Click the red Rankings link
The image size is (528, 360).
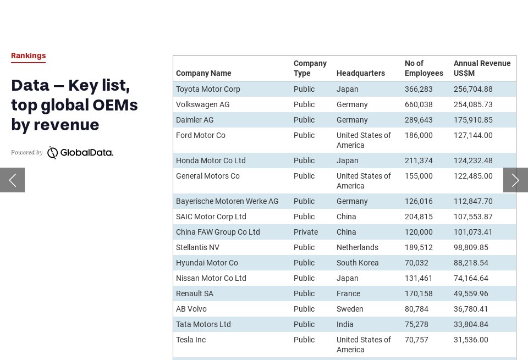(x=28, y=56)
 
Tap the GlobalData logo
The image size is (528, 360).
(x=80, y=152)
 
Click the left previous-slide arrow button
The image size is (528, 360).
(x=12, y=180)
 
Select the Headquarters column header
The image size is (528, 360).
(x=360, y=73)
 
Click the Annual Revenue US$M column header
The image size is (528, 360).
(x=482, y=68)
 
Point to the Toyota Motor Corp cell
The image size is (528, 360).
(x=208, y=89)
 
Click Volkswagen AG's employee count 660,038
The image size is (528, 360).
(x=419, y=104)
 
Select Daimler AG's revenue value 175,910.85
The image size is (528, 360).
(x=473, y=120)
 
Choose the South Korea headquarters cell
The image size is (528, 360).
(x=358, y=263)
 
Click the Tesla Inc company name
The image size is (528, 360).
(x=191, y=340)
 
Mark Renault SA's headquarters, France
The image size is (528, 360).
(x=348, y=293)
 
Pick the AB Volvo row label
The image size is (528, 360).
(x=191, y=309)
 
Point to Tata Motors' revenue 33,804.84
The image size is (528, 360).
(x=471, y=324)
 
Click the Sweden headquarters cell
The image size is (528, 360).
(x=350, y=309)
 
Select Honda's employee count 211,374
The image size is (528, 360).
(x=419, y=160)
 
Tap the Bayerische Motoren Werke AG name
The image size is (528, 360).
(x=227, y=201)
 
